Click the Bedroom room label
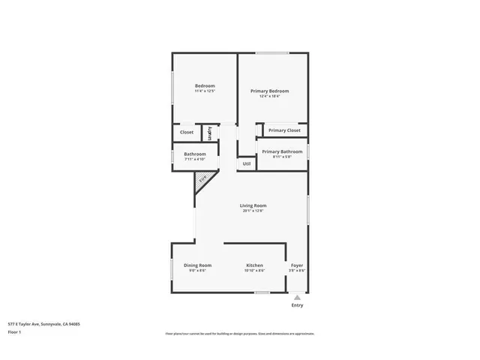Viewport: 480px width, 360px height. pyautogui.click(x=205, y=86)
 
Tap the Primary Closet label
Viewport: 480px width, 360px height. pyautogui.click(x=284, y=130)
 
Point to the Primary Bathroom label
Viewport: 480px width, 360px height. pyautogui.click(x=282, y=151)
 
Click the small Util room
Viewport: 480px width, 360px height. pyautogui.click(x=246, y=163)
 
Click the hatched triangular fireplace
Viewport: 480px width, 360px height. pyautogui.click(x=202, y=179)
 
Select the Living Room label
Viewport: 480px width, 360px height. pyautogui.click(x=253, y=205)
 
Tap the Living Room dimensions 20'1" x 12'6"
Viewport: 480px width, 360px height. pyautogui.click(x=253, y=211)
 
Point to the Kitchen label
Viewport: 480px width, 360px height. pyautogui.click(x=255, y=265)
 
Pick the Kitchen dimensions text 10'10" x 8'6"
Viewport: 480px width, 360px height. pyautogui.click(x=255, y=270)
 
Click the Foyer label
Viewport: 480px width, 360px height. pyautogui.click(x=297, y=265)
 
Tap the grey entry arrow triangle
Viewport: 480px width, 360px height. pyautogui.click(x=298, y=297)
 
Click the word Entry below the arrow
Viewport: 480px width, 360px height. pyautogui.click(x=298, y=305)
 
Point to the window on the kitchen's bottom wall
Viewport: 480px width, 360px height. pyautogui.click(x=262, y=292)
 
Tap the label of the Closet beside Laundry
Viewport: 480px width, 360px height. pyautogui.click(x=186, y=132)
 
